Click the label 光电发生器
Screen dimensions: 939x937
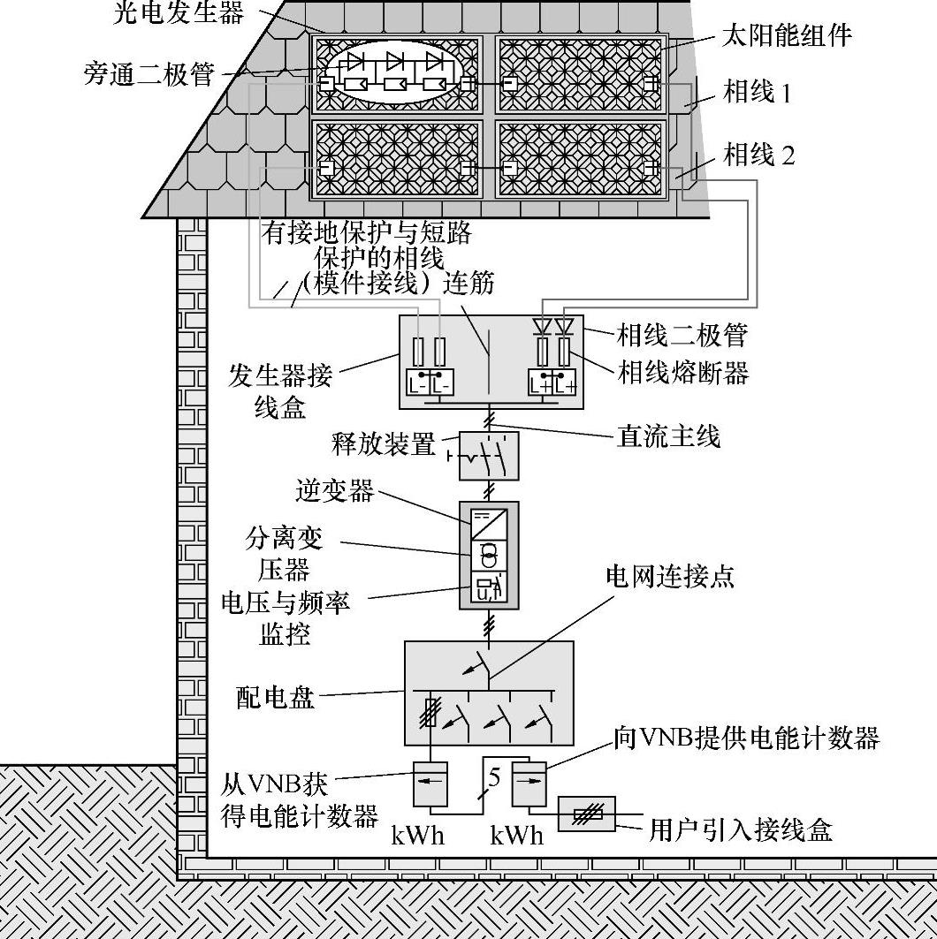[179, 12]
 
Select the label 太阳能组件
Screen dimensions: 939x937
[787, 35]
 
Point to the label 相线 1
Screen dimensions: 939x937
[758, 91]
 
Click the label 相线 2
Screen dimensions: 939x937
[759, 155]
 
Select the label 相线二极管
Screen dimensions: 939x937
[682, 335]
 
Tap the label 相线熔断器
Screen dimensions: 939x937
[682, 373]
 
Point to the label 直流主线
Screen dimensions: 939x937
[667, 435]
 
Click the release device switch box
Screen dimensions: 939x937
[488, 455]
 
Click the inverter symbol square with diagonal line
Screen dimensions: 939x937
[488, 524]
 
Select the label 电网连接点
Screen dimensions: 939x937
[669, 577]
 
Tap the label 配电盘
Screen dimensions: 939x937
[275, 698]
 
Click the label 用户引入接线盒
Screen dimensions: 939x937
[741, 829]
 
